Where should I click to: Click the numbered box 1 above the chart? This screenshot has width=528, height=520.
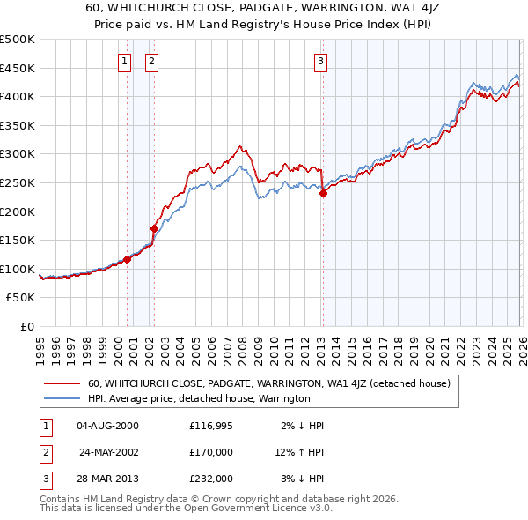[124, 61]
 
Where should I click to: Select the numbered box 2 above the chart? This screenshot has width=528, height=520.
[152, 61]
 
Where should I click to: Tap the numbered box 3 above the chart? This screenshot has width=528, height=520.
[320, 61]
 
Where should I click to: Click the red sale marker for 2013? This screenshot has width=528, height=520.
[323, 194]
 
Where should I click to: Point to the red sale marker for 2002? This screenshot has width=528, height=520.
[154, 228]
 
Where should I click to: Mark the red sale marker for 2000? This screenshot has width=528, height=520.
[127, 259]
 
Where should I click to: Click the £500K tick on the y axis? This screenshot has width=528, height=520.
[18, 40]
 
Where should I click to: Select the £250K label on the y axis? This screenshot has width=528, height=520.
[18, 182]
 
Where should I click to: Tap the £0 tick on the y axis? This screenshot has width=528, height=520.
[26, 326]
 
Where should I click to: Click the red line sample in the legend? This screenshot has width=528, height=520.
[62, 383]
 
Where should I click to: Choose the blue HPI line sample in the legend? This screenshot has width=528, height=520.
[62, 398]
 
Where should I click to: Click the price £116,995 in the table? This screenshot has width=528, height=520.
[211, 426]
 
